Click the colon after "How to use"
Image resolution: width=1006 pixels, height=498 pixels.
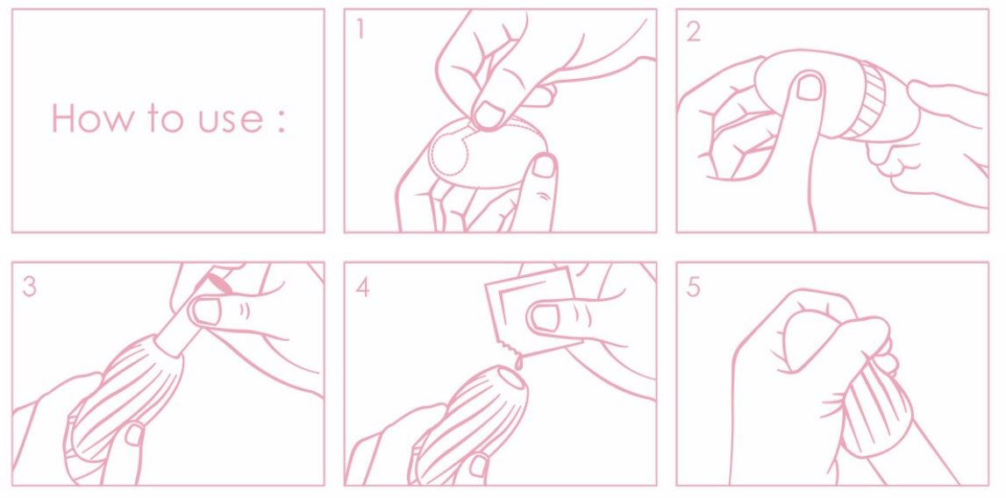click(x=281, y=121)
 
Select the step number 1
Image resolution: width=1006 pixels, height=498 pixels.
click(x=361, y=30)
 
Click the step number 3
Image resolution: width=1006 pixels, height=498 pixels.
click(x=30, y=286)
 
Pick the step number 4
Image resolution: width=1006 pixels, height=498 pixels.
click(x=362, y=287)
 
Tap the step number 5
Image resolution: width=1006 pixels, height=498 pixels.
click(x=694, y=287)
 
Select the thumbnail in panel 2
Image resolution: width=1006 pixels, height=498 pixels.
click(x=809, y=87)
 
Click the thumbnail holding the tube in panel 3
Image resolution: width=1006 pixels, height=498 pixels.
click(x=206, y=312)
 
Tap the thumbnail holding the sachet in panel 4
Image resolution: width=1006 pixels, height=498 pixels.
click(x=546, y=317)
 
